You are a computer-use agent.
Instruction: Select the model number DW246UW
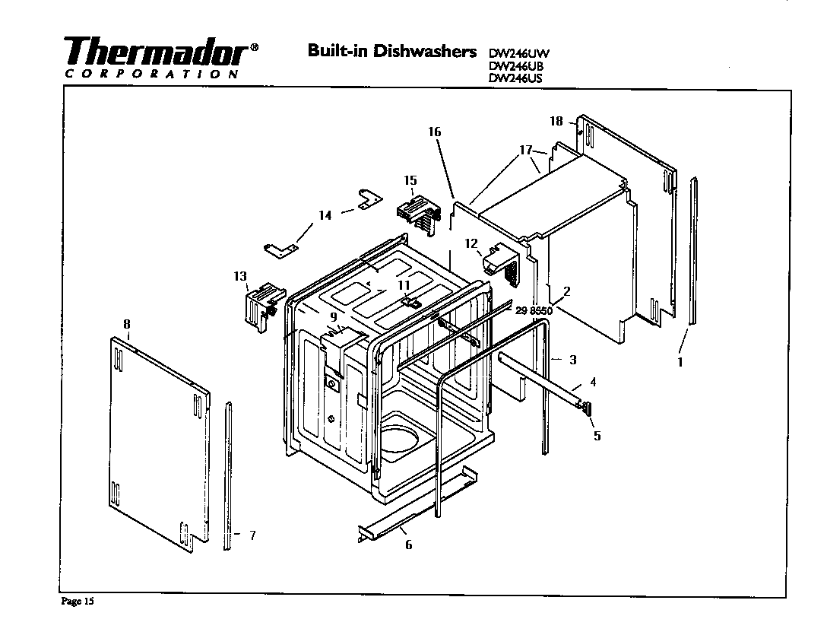tap(518, 53)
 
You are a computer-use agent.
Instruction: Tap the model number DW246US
tap(517, 77)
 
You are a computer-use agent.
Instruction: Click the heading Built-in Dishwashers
tap(392, 51)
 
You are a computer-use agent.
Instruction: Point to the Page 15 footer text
tap(78, 602)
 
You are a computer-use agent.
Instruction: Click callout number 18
tap(556, 122)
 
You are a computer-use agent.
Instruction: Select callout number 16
tap(434, 132)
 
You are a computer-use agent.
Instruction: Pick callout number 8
tap(127, 324)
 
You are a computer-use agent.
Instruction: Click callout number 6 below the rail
tap(408, 545)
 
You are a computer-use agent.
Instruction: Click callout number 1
tap(680, 362)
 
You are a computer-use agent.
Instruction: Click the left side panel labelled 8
tap(156, 441)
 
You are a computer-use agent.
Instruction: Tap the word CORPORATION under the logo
tap(152, 75)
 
